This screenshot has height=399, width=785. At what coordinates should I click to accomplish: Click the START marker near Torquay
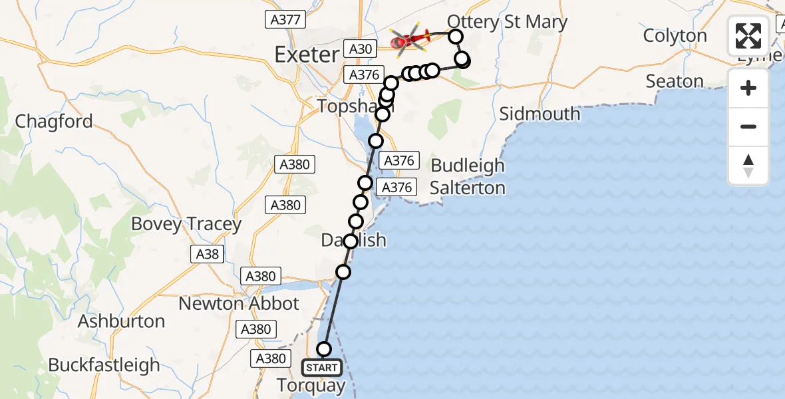(x=323, y=367)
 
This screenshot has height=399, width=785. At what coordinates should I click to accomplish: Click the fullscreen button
(x=748, y=36)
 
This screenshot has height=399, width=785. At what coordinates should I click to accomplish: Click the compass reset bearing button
(x=748, y=166)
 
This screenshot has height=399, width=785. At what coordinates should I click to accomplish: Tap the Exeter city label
(x=307, y=55)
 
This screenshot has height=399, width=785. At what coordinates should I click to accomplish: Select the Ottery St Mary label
(x=507, y=22)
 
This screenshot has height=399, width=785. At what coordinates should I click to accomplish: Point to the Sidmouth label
(x=540, y=114)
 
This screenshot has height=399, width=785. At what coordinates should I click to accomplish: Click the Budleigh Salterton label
(x=467, y=177)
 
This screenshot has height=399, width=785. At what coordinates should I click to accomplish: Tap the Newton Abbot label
(x=240, y=303)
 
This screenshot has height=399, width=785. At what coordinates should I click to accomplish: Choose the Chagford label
(x=54, y=122)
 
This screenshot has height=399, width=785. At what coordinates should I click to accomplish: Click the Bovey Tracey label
(x=186, y=224)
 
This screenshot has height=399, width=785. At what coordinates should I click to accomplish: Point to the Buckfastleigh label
(x=104, y=365)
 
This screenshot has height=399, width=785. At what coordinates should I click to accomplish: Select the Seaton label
(x=675, y=82)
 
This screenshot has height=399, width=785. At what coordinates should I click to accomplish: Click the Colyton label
(x=675, y=36)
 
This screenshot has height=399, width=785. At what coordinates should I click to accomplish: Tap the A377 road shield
(x=285, y=20)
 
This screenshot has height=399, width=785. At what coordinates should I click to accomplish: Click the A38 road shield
(x=207, y=253)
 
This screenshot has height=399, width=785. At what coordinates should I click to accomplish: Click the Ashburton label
(x=121, y=321)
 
